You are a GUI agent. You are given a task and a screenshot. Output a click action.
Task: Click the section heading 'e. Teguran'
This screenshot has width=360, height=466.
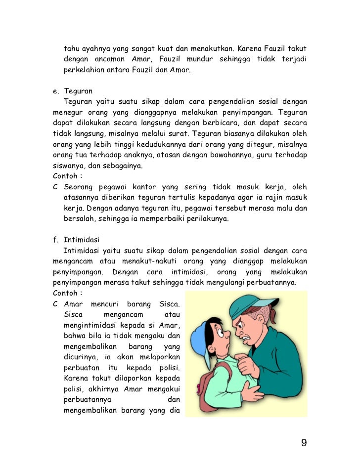pos(74,91)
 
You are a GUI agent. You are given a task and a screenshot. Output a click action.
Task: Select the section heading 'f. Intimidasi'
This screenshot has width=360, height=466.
pos(76,240)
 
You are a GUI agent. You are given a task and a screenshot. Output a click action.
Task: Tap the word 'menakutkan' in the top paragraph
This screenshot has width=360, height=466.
pos(212,49)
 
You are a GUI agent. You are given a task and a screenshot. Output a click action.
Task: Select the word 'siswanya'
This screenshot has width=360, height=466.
pos(68,166)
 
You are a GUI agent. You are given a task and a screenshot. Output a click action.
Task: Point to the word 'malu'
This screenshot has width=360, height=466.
pos(280,209)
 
